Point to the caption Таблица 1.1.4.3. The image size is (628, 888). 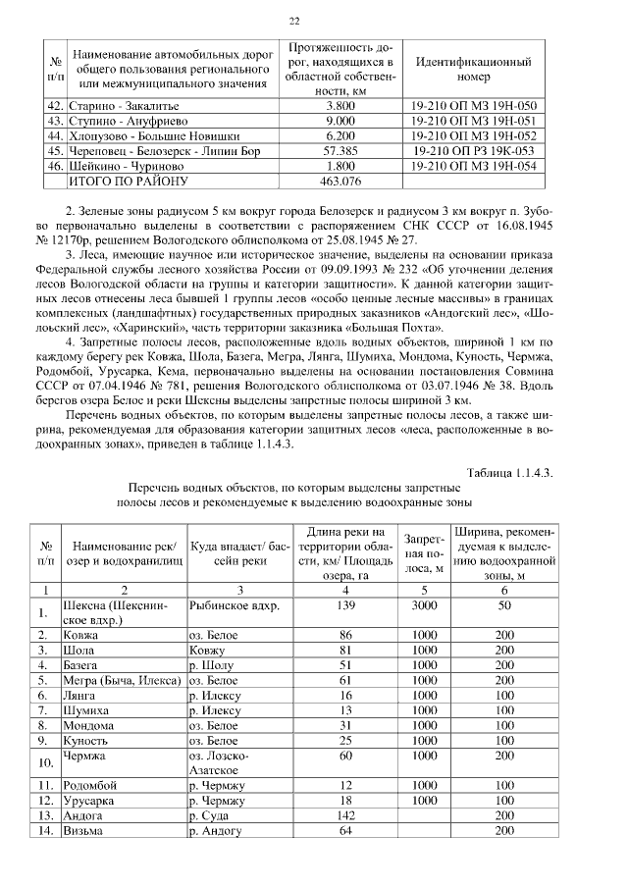pos(510,472)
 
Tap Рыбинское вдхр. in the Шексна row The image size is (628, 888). pos(234,606)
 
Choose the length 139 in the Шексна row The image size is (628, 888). pos(343,606)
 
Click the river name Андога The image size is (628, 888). pos(83,815)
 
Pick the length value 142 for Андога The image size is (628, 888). pos(343,815)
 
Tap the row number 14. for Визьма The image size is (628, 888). pos(44,831)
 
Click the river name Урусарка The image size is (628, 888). pos(89,801)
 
